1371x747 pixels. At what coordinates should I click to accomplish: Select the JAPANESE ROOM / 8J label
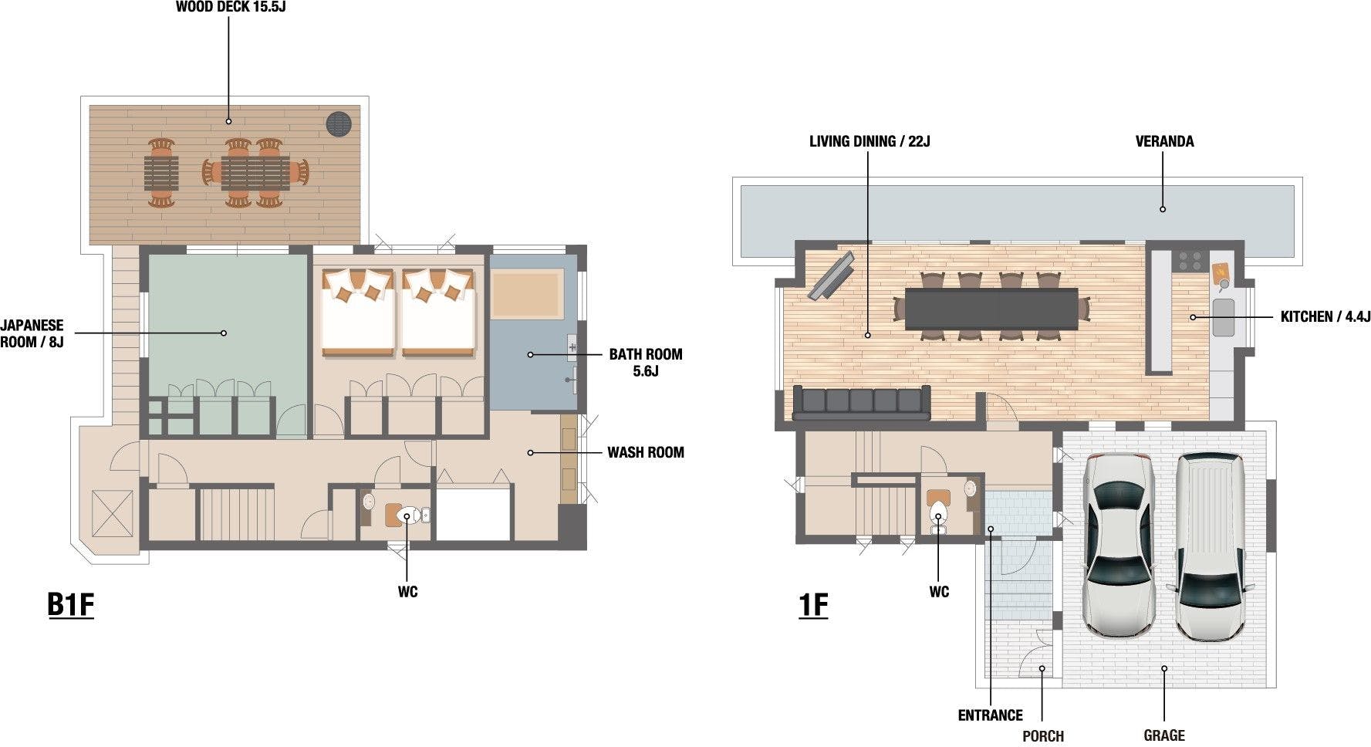32,333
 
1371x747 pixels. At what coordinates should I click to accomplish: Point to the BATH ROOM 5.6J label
646,363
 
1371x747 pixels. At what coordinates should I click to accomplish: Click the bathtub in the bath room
527,293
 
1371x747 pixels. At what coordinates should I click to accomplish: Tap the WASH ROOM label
645,452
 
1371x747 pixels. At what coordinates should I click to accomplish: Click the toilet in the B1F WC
409,514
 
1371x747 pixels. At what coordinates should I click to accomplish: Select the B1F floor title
70,604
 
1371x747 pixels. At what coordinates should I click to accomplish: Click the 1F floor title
813,604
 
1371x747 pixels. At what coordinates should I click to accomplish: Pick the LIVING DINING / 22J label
870,141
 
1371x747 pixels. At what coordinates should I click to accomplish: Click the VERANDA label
1164,141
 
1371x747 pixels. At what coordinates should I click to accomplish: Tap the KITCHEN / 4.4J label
1325,316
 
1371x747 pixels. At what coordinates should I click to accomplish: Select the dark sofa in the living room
861,403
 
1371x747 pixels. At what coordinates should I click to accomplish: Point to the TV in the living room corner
830,275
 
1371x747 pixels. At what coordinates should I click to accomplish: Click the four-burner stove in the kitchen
1189,260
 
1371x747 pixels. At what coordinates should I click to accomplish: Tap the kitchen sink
1224,317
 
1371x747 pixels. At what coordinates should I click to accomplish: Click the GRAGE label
1164,735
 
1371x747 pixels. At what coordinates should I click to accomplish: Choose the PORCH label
1043,736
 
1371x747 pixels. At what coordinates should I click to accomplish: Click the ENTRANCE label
991,715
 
